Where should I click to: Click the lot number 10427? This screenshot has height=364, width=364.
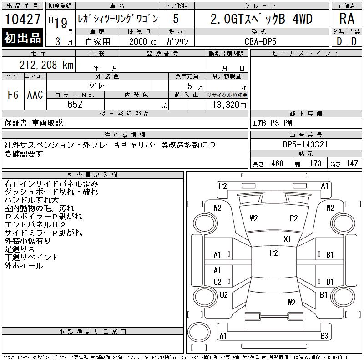point(22,19)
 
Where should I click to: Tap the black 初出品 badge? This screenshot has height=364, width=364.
point(22,38)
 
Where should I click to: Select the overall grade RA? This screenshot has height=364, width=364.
point(347,19)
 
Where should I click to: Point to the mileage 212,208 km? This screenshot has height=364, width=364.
point(46,65)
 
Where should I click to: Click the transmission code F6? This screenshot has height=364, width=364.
point(13,95)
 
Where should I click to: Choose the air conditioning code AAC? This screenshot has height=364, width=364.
point(35,95)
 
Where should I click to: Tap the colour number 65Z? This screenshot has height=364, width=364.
point(75,105)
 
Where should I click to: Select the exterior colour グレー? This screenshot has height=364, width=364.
point(98,86)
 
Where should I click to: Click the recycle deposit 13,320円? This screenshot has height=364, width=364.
point(229,105)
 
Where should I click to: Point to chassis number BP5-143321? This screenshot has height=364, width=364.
point(305,144)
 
